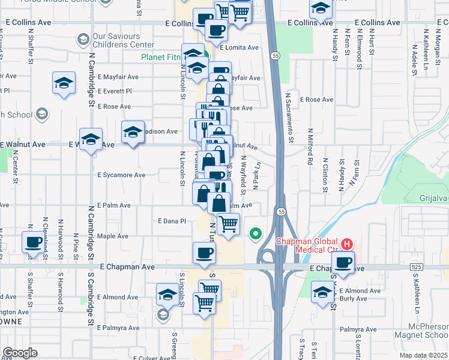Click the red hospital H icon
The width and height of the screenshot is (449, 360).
(346, 244)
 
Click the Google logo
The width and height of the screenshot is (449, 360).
(20, 353)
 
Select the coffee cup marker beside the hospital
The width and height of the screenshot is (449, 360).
(343, 263)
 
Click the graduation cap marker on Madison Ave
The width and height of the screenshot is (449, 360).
(133, 131)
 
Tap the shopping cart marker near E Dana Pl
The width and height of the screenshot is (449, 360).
(228, 224)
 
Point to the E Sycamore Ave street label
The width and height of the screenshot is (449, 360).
(121, 175)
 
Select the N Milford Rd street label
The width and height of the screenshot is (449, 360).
(310, 146)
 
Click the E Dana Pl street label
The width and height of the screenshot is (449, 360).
(172, 221)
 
